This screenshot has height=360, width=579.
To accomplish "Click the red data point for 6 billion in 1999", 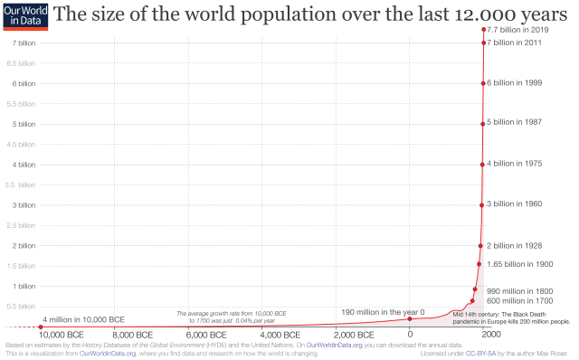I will (483, 83).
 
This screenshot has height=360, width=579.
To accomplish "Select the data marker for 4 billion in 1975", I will (482, 165).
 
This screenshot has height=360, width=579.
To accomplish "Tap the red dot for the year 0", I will (410, 318).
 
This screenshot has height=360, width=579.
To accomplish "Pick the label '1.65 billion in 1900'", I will (519, 264).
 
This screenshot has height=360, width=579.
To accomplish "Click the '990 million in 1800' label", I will (518, 290).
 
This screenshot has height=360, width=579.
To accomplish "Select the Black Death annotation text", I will (511, 317).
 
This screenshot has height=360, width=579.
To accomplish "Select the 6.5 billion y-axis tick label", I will (21, 63).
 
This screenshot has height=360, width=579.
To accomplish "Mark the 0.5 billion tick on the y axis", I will (21, 307).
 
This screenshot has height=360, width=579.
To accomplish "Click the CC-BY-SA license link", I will (484, 354).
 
